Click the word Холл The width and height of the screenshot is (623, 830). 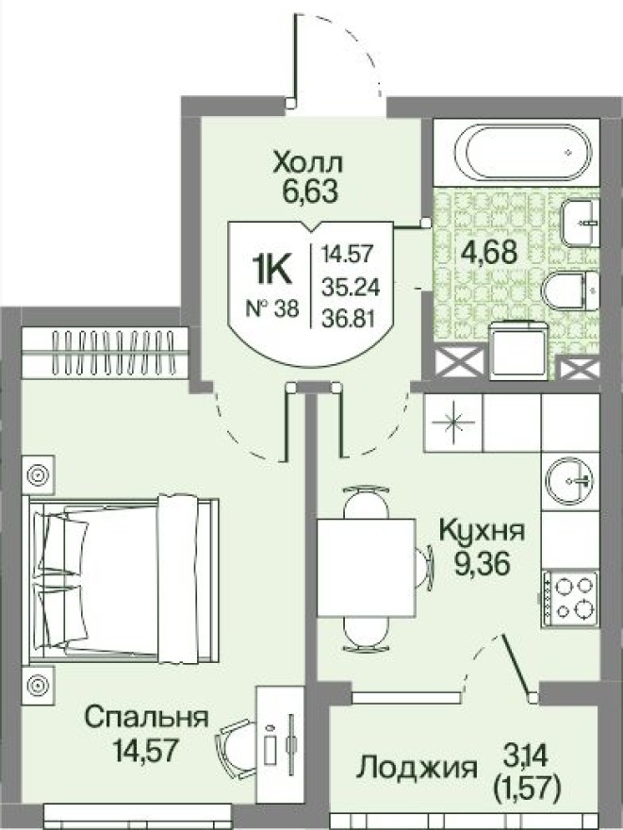(304, 163)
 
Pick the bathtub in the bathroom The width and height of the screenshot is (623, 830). (522, 150)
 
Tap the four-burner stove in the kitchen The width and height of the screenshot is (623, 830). (571, 597)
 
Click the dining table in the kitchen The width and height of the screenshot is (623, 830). (366, 566)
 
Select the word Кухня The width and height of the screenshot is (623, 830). (481, 531)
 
